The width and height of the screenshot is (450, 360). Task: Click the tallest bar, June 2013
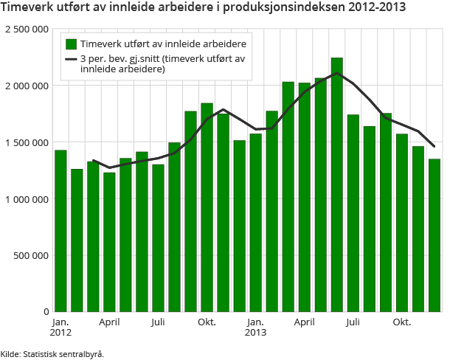[x=337, y=184]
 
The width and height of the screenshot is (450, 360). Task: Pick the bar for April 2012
[x=109, y=242]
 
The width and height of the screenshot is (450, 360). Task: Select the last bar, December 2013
[x=435, y=235]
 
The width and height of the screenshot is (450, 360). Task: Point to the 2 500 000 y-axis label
[x=27, y=29]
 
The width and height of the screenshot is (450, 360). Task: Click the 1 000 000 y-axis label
[x=27, y=199]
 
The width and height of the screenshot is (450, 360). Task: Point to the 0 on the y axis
[x=45, y=312]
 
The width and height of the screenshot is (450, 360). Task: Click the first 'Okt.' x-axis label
[x=207, y=323]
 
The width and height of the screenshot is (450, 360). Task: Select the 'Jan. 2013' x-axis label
[x=256, y=328]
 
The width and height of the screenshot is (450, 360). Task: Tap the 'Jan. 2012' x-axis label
[x=60, y=328]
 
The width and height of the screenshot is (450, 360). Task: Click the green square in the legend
[x=71, y=44]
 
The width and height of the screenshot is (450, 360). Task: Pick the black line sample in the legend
[x=71, y=59]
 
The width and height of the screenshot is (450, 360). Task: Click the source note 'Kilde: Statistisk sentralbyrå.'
[x=52, y=353]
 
